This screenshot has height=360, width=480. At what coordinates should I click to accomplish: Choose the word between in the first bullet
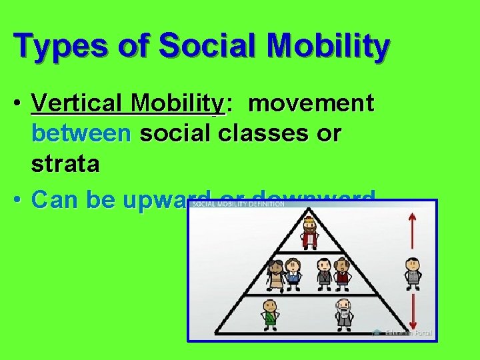pyautogui.click(x=81, y=134)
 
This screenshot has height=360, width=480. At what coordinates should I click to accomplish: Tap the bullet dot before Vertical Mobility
pyautogui.click(x=20, y=105)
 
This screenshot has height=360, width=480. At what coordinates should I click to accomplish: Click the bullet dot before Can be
pyautogui.click(x=20, y=199)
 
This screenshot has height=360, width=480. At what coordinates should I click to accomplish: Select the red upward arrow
pyautogui.click(x=413, y=230)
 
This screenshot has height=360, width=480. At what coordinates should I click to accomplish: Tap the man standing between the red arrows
pyautogui.click(x=413, y=271)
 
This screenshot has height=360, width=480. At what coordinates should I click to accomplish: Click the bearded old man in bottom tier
pyautogui.click(x=343, y=314)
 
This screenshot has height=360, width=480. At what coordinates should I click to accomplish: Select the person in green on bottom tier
pyautogui.click(x=269, y=315)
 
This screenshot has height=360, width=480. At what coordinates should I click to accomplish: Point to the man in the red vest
pyautogui.click(x=343, y=273)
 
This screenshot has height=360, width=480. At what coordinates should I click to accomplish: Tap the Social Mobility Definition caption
pyautogui.click(x=239, y=204)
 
